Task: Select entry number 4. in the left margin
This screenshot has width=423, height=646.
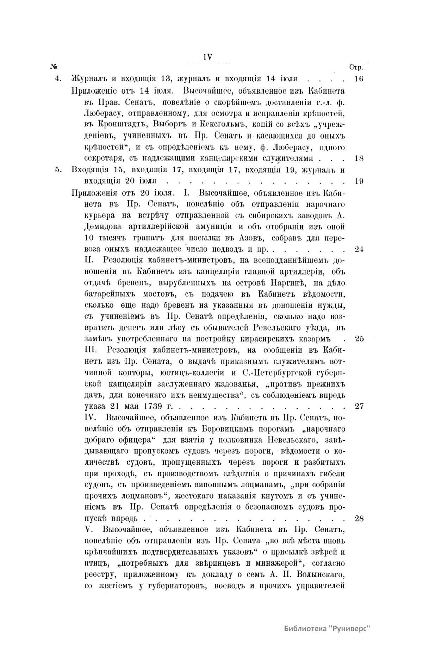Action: click(x=58, y=79)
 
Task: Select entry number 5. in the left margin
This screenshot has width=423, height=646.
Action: click(x=58, y=170)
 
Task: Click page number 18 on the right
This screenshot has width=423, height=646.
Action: click(x=359, y=158)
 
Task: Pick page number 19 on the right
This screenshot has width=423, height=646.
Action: click(x=359, y=181)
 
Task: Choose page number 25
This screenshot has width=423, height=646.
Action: click(x=359, y=339)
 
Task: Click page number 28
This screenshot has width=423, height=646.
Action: click(x=359, y=519)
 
